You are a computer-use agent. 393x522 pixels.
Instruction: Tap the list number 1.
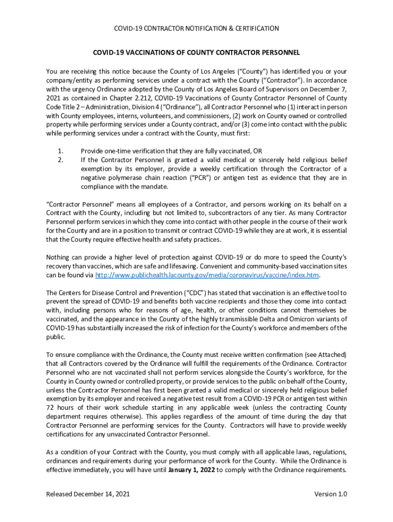60,151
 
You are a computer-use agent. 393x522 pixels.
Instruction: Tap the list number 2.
60,160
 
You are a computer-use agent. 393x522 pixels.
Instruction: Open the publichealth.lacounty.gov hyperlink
207,275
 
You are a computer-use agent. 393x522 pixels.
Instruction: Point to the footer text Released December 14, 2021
87,494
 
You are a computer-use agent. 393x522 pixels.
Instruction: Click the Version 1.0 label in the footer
330,494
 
